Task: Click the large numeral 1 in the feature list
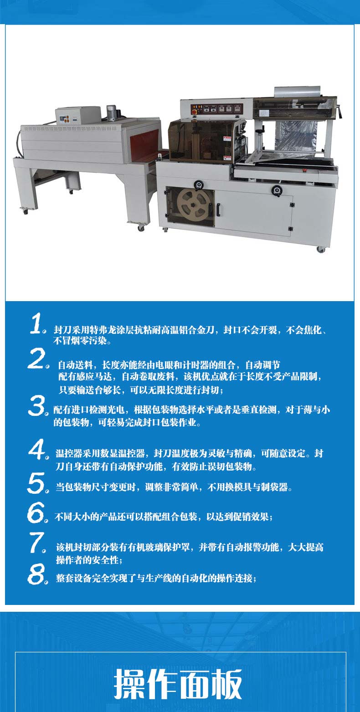36,323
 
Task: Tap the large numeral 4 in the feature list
37,449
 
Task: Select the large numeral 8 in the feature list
36,574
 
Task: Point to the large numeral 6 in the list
36,512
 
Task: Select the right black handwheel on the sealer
277,190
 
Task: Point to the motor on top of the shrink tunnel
111,113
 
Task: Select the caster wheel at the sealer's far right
320,250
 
